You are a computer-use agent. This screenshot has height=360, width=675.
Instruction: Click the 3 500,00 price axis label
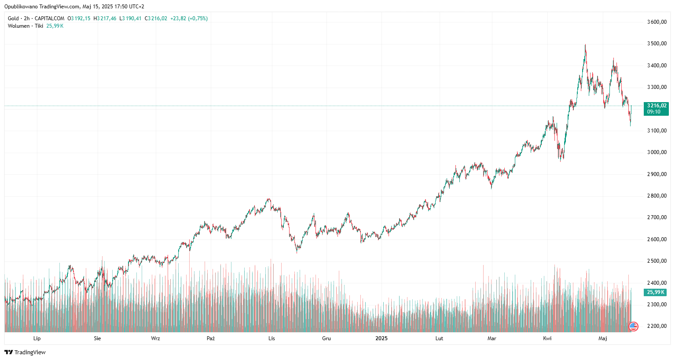[x=657, y=44]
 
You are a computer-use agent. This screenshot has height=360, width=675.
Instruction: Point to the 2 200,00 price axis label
[x=657, y=326]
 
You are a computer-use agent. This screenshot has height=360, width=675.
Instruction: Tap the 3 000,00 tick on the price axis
[x=657, y=152]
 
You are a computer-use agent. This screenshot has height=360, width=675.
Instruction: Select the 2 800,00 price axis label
[x=657, y=196]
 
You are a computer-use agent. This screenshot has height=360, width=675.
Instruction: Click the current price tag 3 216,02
[x=657, y=106]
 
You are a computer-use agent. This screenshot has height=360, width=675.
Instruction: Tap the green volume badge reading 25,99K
[x=655, y=292]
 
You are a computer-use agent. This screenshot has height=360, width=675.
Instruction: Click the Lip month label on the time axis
[x=37, y=338]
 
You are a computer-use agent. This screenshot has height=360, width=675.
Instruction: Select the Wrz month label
[x=155, y=338]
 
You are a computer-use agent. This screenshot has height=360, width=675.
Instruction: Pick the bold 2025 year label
[x=381, y=338]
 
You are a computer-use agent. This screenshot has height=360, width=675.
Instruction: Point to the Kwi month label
[x=547, y=338]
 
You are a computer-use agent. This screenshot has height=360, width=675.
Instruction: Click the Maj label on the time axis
[x=603, y=338]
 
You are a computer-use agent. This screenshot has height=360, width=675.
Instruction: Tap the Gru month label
[x=326, y=338]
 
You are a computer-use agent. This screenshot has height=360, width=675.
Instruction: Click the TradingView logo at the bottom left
[x=25, y=352]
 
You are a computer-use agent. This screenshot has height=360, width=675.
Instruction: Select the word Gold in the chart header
[x=13, y=18]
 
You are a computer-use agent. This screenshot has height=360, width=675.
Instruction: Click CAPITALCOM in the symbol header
[x=49, y=18]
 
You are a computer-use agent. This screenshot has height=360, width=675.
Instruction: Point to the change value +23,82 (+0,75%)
[x=189, y=18]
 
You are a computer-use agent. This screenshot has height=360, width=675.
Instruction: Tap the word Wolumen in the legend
[x=18, y=26]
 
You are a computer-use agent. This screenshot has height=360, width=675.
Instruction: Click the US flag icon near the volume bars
[x=634, y=326]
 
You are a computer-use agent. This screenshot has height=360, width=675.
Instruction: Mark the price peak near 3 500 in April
[x=585, y=45]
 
